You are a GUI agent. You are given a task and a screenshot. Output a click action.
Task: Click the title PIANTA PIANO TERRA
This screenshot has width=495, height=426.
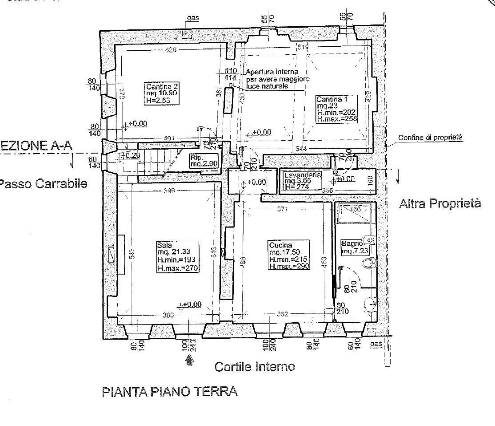[x=170, y=392]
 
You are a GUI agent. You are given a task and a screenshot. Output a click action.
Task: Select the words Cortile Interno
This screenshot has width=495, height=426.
[x=255, y=367]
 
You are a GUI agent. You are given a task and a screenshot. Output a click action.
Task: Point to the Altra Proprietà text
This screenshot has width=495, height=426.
[x=440, y=204]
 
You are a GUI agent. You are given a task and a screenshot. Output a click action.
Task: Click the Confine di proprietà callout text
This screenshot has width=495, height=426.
[x=430, y=138]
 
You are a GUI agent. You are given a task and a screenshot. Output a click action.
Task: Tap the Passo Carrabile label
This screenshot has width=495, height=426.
[x=43, y=183]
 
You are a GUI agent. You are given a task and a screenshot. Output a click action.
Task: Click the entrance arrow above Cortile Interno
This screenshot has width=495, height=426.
[x=190, y=361]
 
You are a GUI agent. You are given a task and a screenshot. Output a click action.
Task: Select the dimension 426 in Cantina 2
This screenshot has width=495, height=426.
[x=171, y=50]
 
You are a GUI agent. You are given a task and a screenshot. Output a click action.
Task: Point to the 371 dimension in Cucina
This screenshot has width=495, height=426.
[x=282, y=209]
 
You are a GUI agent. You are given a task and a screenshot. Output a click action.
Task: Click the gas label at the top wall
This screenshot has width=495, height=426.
[x=193, y=18]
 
